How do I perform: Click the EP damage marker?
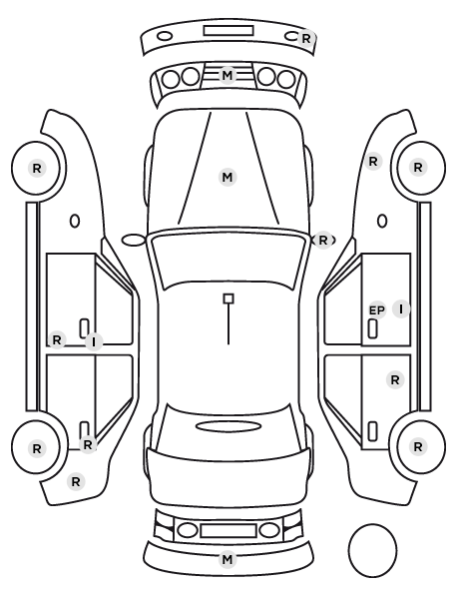click(377, 310)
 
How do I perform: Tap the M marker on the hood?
click(228, 177)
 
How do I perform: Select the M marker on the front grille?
click(228, 75)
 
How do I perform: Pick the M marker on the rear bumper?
click(228, 559)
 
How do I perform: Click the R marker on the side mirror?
click(322, 241)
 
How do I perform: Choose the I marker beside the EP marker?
click(401, 308)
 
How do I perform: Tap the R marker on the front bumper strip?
click(306, 38)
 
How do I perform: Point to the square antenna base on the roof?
click(229, 298)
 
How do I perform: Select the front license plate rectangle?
click(229, 31)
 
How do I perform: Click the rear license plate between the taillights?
click(229, 530)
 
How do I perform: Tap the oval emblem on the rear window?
click(229, 426)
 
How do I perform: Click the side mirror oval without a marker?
click(134, 241)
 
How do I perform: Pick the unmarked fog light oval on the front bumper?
click(165, 37)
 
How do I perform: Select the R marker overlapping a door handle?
click(88, 444)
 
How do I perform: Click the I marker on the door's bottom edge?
click(94, 341)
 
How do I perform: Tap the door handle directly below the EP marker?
click(372, 328)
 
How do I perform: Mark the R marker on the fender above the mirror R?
click(373, 161)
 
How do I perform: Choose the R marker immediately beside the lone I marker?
click(57, 339)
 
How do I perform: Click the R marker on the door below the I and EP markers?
click(395, 379)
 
